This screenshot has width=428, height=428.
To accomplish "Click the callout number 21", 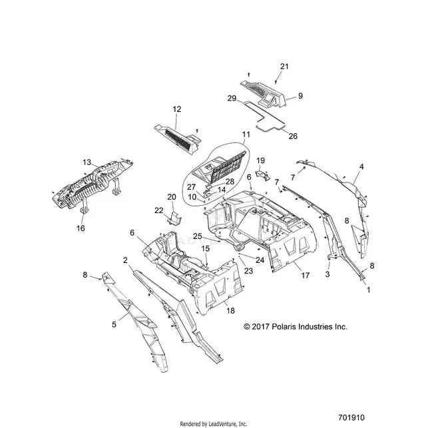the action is [284, 67].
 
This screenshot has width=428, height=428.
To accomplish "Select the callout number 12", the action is [176, 109].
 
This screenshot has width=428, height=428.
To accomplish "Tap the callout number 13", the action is [87, 162].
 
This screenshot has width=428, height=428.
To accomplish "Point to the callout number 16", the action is [81, 228].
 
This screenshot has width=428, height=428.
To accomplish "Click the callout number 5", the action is [114, 325].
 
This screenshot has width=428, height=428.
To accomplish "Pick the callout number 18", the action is [231, 311].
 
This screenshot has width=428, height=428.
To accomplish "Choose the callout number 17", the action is [305, 276].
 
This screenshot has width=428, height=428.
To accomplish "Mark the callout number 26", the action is [293, 136].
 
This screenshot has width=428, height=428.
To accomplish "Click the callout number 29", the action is [232, 99].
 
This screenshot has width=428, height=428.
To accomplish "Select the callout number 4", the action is [361, 166].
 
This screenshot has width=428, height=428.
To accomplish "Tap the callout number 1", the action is [369, 290].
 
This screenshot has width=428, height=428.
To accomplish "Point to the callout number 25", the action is [197, 236].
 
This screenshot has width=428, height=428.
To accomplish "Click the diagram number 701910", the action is [351, 418].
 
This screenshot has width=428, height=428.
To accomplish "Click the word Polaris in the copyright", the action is [284, 327].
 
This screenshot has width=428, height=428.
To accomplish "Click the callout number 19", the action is [261, 160].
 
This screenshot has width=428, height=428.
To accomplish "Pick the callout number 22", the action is [159, 210].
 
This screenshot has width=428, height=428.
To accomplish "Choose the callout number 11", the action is [246, 134].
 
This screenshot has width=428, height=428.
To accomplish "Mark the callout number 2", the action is [125, 260].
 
